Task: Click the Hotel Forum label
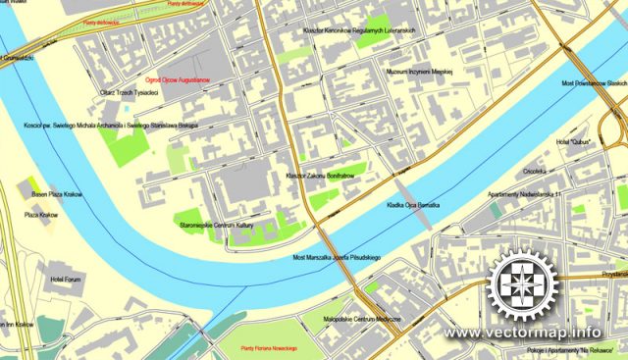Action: pyautogui.click(x=66, y=279)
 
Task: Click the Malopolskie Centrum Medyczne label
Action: pyautogui.click(x=357, y=320)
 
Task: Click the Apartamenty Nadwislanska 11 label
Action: pyautogui.click(x=521, y=194)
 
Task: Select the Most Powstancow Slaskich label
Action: pyautogui.click(x=594, y=83)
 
